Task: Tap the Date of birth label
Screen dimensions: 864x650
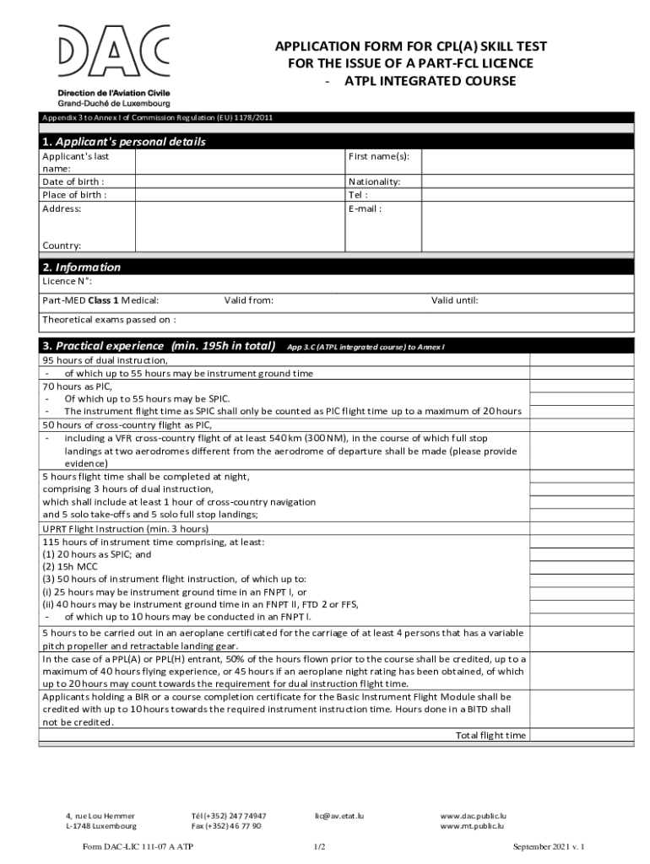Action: (73, 181)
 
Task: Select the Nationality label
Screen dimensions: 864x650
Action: (374, 181)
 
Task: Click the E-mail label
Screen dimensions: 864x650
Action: (365, 208)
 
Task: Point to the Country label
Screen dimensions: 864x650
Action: (62, 246)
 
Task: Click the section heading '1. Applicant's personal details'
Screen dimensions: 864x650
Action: (124, 142)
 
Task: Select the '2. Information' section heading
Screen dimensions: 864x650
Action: (82, 267)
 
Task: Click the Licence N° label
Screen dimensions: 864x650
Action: (68, 281)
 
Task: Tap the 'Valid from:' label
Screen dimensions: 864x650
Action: (248, 300)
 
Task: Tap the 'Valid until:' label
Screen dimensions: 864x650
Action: (454, 300)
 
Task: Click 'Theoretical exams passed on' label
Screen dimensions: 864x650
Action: (109, 320)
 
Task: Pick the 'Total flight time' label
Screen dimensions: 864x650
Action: (490, 735)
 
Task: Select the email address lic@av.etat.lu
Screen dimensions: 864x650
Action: (339, 816)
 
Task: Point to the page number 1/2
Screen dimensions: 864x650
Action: (320, 846)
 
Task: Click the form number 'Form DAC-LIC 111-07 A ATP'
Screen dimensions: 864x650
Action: (138, 846)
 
